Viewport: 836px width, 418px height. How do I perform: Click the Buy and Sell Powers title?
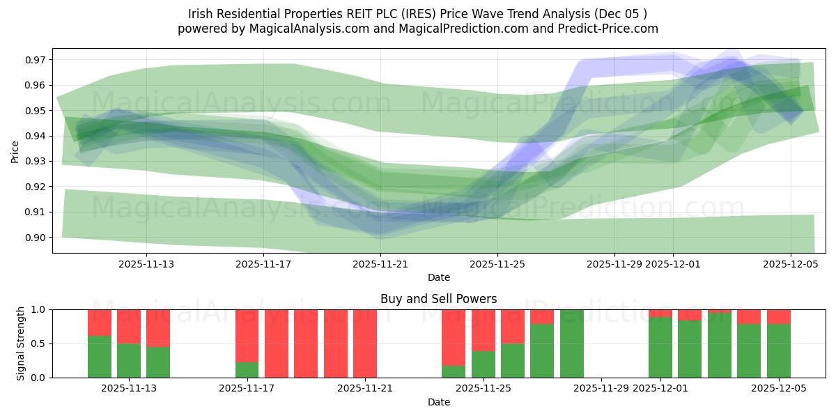[x=438, y=299]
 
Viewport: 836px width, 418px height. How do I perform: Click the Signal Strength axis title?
[x=21, y=343]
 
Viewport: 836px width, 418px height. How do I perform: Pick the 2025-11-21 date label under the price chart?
[x=380, y=264]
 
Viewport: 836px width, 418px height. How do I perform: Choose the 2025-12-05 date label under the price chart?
[x=790, y=264]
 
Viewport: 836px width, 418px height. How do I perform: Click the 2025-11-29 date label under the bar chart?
[x=601, y=389]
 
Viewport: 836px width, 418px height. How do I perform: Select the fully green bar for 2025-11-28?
[x=571, y=343]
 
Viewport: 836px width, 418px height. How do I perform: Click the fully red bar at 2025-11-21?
[x=365, y=343]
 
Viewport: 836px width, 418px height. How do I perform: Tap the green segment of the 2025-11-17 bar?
[x=247, y=370]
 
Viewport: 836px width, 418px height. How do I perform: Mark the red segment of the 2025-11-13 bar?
[x=158, y=327]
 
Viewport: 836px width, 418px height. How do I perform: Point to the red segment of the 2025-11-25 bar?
[x=483, y=330]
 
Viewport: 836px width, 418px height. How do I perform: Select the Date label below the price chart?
[x=438, y=277]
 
